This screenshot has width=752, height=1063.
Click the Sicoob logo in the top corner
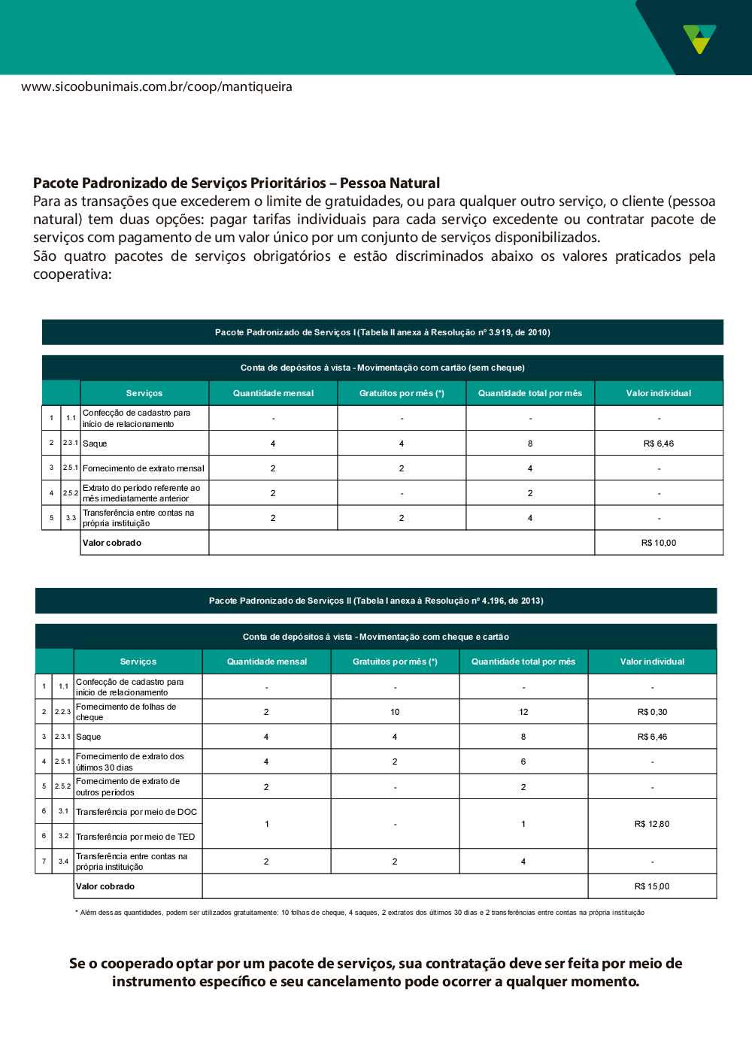point(699,38)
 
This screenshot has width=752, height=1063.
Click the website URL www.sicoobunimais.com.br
point(156,86)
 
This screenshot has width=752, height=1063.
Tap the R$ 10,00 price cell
point(658,543)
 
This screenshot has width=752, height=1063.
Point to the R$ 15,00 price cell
point(652,886)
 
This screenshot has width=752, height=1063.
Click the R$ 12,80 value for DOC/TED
point(652,824)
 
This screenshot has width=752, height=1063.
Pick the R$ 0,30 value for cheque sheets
point(652,712)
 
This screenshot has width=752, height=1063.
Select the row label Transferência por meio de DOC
point(136,812)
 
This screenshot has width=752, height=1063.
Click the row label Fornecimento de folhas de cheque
point(126,712)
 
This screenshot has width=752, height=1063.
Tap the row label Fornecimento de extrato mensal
point(143,468)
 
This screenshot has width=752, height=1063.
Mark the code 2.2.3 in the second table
point(62,712)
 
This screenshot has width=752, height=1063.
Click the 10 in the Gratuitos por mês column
point(395,712)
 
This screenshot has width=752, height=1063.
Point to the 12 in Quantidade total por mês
point(523,712)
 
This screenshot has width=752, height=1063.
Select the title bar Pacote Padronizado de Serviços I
point(382,332)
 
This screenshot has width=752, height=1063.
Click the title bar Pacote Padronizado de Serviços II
point(376,601)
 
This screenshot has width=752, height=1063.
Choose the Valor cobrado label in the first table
point(112,543)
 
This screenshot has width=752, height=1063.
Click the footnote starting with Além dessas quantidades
point(359,913)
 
